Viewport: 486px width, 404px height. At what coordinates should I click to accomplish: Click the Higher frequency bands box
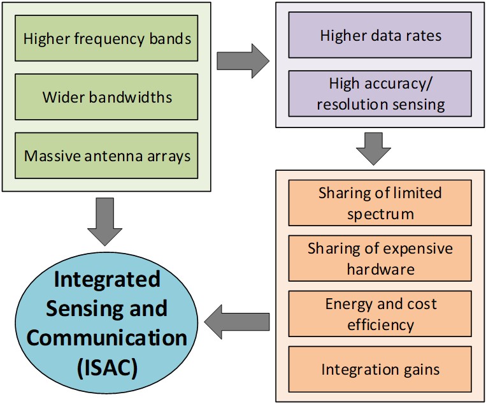pyautogui.click(x=107, y=38)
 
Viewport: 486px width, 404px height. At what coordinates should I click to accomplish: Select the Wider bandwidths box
pyautogui.click(x=107, y=97)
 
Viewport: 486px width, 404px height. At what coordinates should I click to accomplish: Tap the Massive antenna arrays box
pyautogui.click(x=107, y=155)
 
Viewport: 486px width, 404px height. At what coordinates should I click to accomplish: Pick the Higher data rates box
pyautogui.click(x=380, y=36)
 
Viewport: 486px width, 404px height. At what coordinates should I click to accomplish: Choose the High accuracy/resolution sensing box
pyautogui.click(x=380, y=93)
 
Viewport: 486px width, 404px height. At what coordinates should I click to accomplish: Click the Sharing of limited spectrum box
pyautogui.click(x=380, y=203)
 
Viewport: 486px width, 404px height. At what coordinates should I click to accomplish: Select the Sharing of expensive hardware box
pyautogui.click(x=380, y=258)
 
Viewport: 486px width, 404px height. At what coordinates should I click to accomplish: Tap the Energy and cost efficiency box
pyautogui.click(x=380, y=314)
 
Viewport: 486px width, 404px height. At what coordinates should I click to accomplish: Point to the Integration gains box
pyautogui.click(x=380, y=369)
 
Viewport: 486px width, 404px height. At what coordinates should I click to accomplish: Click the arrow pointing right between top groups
pyautogui.click(x=243, y=61)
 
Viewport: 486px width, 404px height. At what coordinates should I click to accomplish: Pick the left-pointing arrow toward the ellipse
pyautogui.click(x=239, y=318)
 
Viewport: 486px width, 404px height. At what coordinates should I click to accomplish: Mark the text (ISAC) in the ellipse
pyautogui.click(x=106, y=368)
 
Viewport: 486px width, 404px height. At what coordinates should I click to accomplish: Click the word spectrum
pyautogui.click(x=380, y=213)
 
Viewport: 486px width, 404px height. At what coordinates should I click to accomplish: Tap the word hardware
pyautogui.click(x=380, y=269)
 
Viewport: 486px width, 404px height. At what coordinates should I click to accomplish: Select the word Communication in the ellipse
pyautogui.click(x=107, y=338)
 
